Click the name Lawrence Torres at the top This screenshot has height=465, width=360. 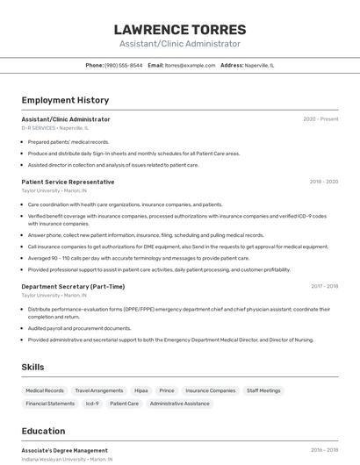(180, 29)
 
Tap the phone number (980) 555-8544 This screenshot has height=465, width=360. (123, 65)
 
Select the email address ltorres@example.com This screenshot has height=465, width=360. (191, 65)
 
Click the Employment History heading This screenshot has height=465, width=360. (65, 100)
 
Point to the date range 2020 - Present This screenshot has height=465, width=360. (320, 119)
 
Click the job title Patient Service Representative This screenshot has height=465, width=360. (68, 182)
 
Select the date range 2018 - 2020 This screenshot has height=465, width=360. (323, 182)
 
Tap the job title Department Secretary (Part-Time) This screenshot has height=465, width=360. (73, 286)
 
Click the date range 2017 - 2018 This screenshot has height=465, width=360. (324, 286)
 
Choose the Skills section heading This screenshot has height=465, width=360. (32, 367)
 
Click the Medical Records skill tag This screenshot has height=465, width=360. (45, 390)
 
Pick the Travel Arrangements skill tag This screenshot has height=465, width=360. (99, 390)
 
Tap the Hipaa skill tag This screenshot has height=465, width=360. (141, 390)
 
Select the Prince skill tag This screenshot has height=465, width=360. (167, 390)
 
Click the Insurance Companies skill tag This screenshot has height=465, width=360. (210, 390)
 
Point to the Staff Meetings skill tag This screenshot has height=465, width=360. (263, 390)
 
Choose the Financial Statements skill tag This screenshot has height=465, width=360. (50, 404)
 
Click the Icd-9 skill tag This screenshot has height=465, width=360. (92, 404)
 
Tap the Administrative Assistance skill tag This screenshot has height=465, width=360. (180, 404)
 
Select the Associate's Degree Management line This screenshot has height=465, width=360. (64, 450)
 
